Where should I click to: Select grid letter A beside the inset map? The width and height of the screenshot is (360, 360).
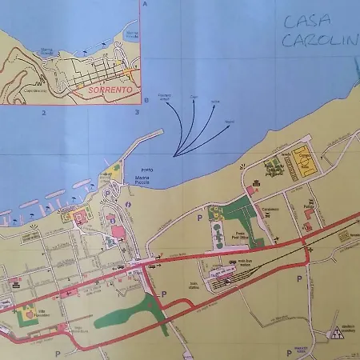point(146,5)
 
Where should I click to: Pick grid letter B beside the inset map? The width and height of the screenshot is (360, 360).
point(146,101)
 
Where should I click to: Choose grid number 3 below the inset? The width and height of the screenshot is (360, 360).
point(138,113)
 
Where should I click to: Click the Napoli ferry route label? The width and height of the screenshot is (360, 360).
point(230,122)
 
